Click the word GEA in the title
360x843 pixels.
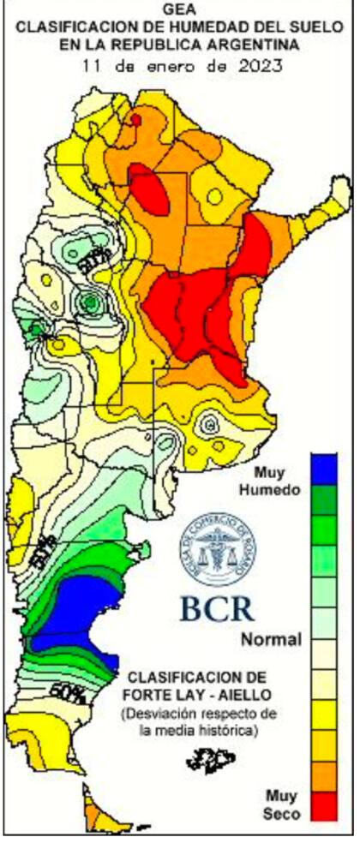[179, 9]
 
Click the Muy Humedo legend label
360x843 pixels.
[277, 481]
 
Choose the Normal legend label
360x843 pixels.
[271, 639]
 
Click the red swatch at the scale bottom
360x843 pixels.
[323, 803]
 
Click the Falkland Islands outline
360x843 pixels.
[215, 757]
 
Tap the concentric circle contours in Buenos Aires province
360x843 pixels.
[208, 424]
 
